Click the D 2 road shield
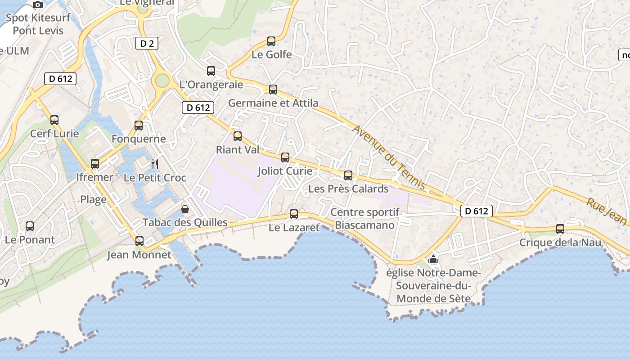(x=147, y=43)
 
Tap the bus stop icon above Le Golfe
(x=271, y=41)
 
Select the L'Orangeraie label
(x=211, y=84)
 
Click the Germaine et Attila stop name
(x=273, y=103)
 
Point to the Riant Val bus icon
(x=237, y=136)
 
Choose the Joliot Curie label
(x=285, y=171)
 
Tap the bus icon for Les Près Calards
(x=348, y=175)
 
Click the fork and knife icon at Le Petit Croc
(x=155, y=164)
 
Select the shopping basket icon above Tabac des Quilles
(x=184, y=209)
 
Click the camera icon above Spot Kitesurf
(x=38, y=5)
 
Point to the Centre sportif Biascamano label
(x=364, y=219)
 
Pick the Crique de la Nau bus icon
(x=560, y=229)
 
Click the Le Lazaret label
(x=294, y=228)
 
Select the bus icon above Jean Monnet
(x=139, y=241)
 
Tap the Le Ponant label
(x=30, y=240)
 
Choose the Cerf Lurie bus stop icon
(x=54, y=120)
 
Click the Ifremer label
(x=94, y=177)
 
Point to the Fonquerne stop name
(x=139, y=139)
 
